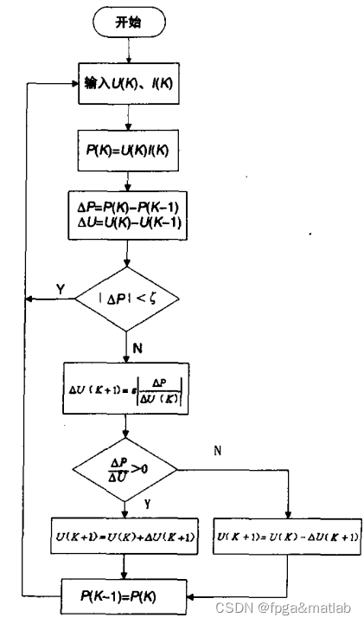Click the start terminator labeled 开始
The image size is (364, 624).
coord(129,23)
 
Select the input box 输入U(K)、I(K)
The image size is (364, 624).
coord(128,84)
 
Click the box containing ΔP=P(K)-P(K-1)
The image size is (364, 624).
coord(127,207)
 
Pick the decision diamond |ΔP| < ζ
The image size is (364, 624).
coord(127,299)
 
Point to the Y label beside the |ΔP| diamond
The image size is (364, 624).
coord(59,286)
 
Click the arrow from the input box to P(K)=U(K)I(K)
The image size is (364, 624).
coord(128,116)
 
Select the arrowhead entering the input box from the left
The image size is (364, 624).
coord(73,84)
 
